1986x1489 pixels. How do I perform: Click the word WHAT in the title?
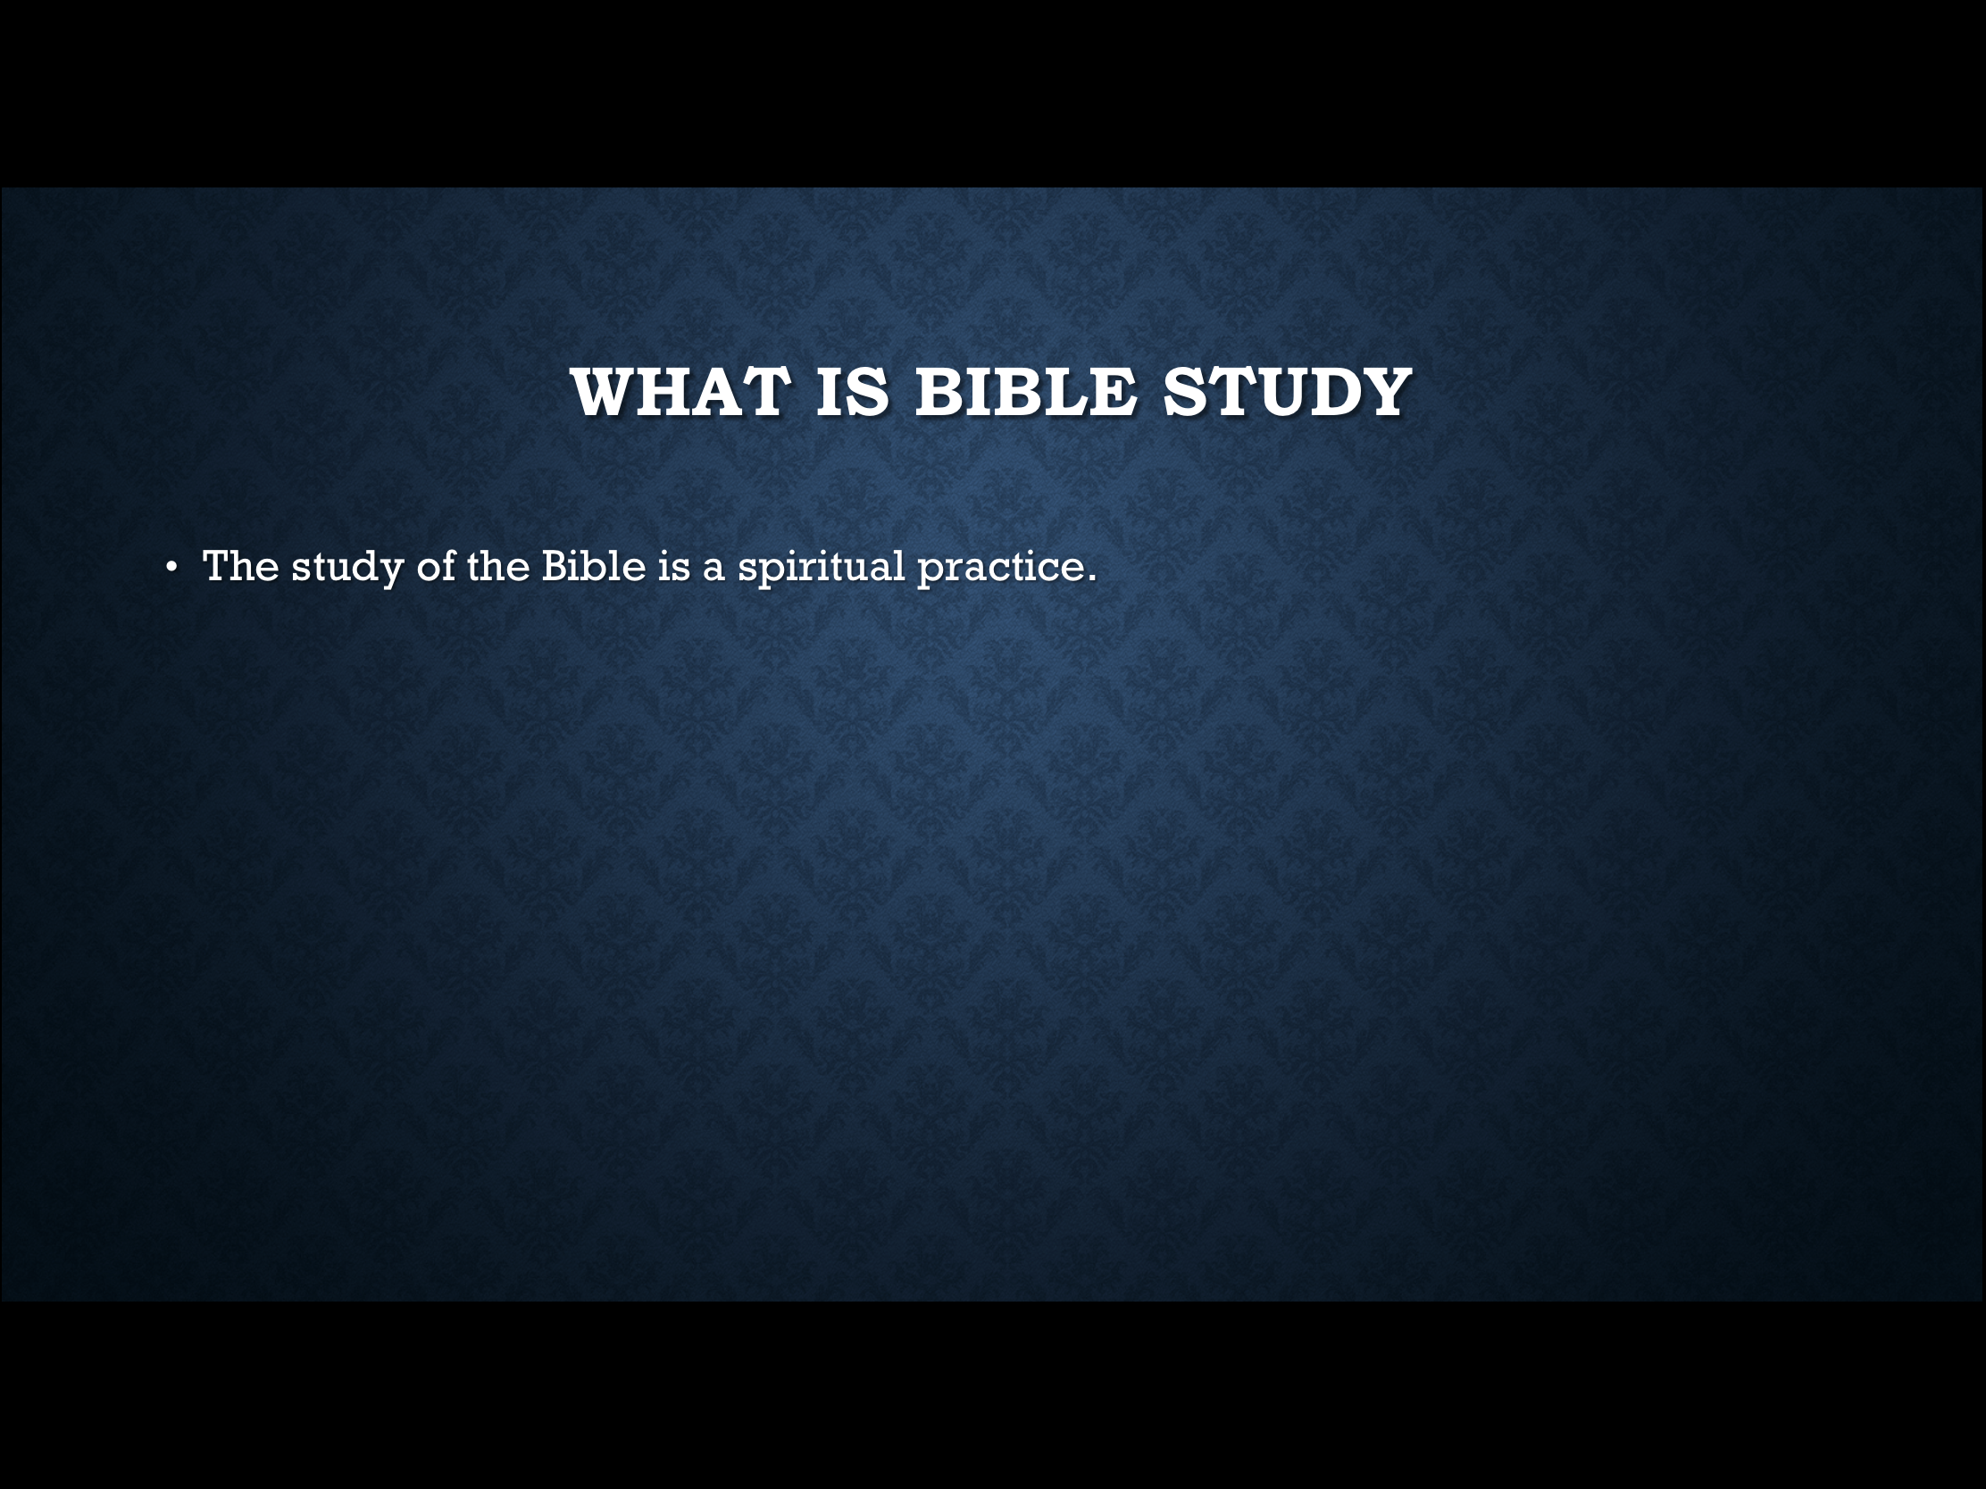(680, 392)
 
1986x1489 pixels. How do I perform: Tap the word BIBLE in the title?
(1026, 392)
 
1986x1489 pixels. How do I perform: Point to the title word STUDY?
(1287, 392)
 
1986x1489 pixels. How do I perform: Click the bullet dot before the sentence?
(171, 567)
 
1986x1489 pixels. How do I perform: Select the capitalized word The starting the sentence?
(240, 566)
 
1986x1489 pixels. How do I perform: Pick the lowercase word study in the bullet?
(347, 568)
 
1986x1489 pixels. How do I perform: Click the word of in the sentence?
(436, 566)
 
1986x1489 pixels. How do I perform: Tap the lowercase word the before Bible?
(498, 566)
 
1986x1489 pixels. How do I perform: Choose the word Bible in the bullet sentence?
(594, 566)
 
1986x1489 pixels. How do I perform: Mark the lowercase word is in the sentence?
(673, 566)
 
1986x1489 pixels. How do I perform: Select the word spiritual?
(822, 568)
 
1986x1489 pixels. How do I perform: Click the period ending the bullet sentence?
(1092, 580)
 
